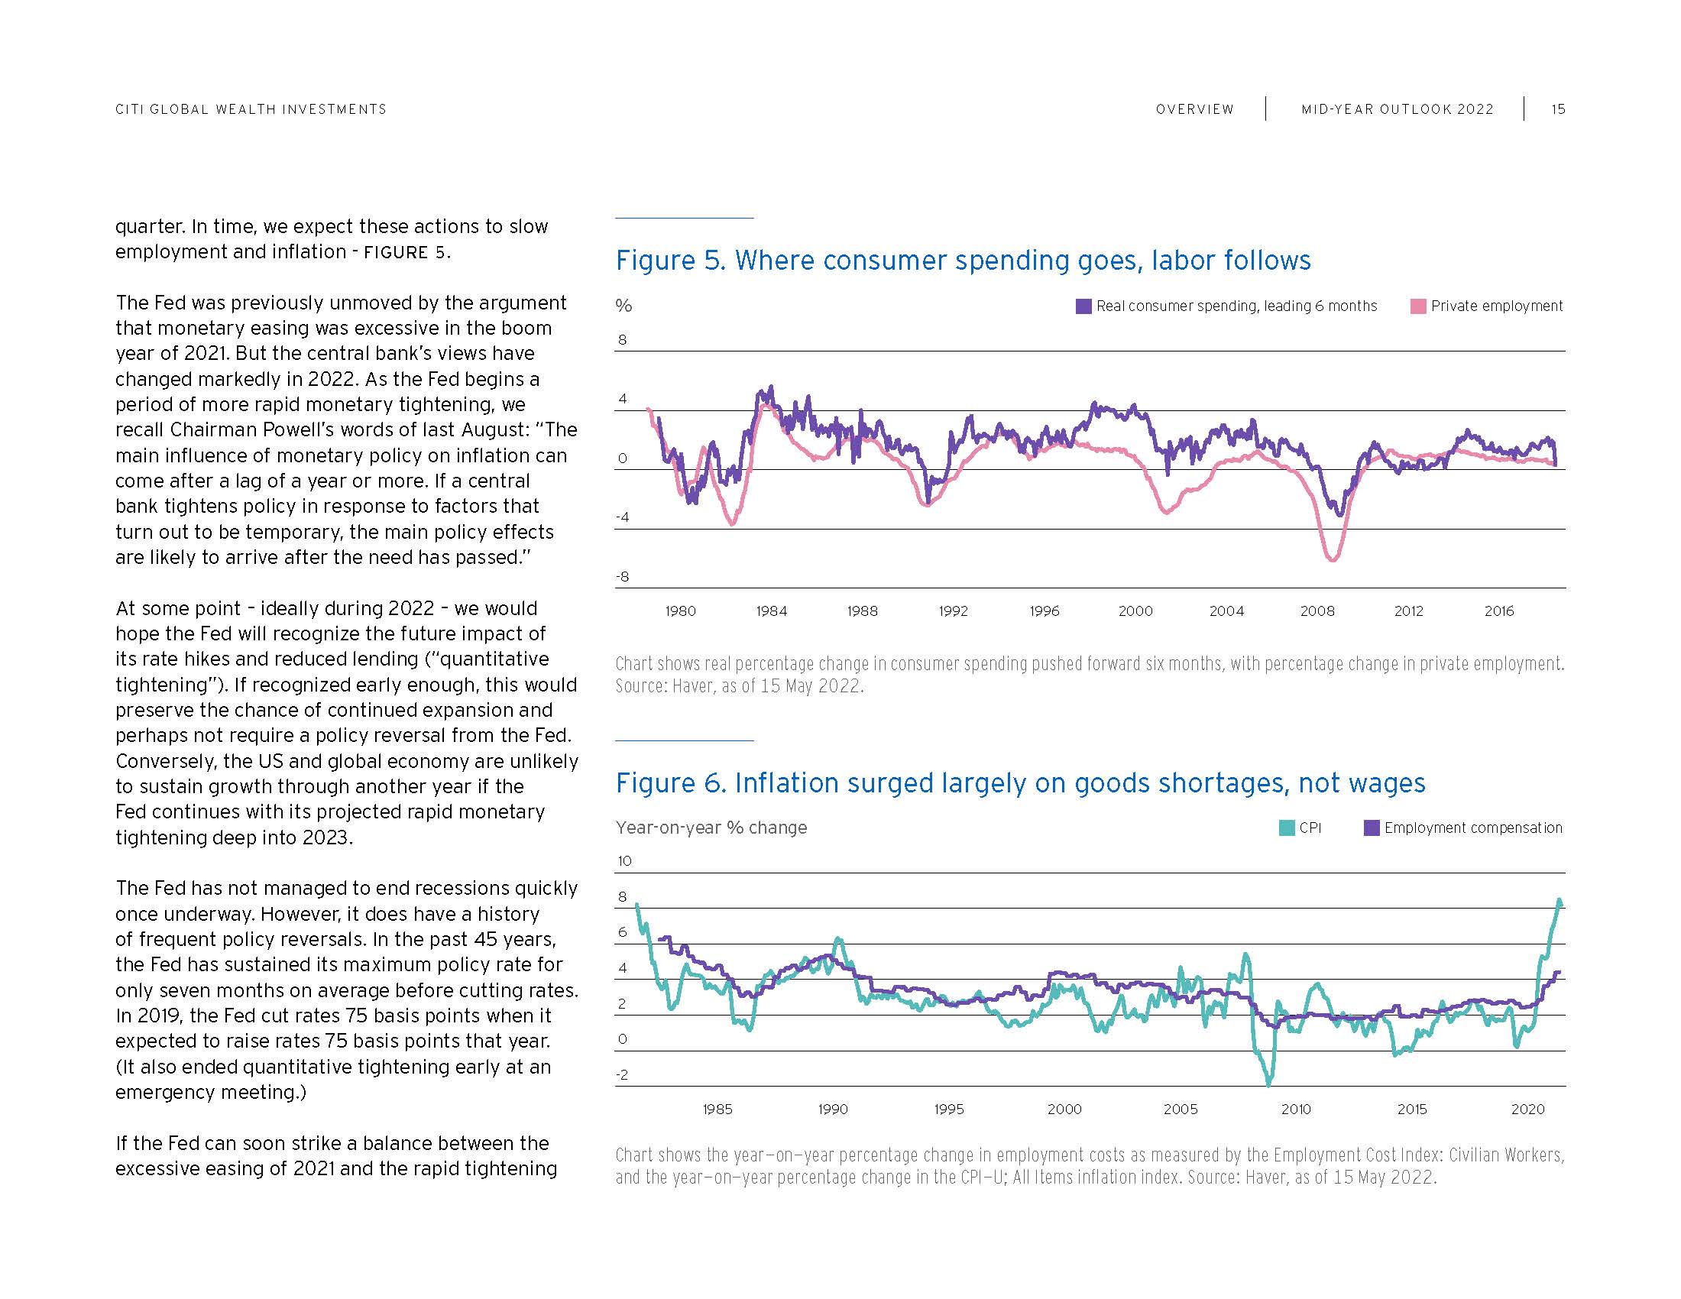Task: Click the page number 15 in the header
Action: click(1557, 109)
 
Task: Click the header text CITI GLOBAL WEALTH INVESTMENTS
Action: click(251, 109)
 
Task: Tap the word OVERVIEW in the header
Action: click(1194, 109)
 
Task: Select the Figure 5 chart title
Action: click(963, 260)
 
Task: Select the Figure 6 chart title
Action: click(1020, 782)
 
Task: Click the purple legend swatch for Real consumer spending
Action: click(1083, 306)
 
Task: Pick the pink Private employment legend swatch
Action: click(1417, 306)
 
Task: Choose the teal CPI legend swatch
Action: click(1286, 828)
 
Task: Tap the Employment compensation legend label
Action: click(1473, 828)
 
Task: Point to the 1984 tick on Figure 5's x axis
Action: click(771, 611)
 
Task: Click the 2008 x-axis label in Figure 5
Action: click(1317, 611)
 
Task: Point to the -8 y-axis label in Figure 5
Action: click(622, 576)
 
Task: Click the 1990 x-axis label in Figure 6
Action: click(833, 1109)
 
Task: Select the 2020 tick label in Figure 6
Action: click(1528, 1109)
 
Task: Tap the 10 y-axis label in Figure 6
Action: click(624, 861)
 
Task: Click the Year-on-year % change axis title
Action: click(711, 828)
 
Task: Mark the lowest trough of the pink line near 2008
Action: click(1333, 559)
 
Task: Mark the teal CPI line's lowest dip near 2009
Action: click(1268, 1084)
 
